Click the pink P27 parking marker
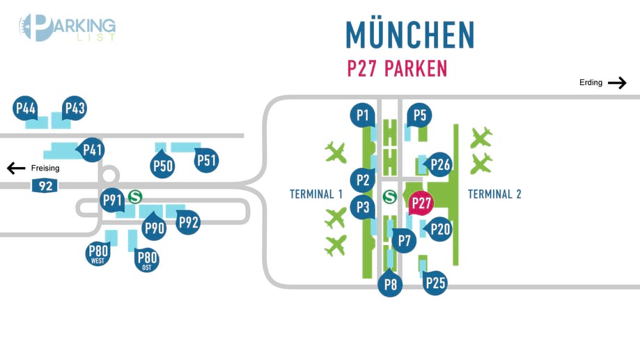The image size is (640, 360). pyautogui.click(x=421, y=203)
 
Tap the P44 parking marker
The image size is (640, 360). pyautogui.click(x=26, y=109)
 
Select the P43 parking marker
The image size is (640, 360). pyautogui.click(x=74, y=109)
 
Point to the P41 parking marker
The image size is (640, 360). pyautogui.click(x=93, y=149)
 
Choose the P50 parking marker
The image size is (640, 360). pyautogui.click(x=162, y=165)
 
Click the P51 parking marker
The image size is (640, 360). pyautogui.click(x=207, y=161)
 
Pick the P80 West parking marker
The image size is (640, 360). pyautogui.click(x=98, y=253)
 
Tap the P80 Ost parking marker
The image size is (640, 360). pyautogui.click(x=147, y=260)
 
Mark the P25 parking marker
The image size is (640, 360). pyautogui.click(x=435, y=283)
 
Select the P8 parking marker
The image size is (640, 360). pyautogui.click(x=390, y=284)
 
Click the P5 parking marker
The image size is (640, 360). pyautogui.click(x=419, y=115)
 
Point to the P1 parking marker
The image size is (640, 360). pyautogui.click(x=361, y=115)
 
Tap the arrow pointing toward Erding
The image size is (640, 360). pyautogui.click(x=617, y=83)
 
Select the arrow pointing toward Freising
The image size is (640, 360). pyautogui.click(x=16, y=168)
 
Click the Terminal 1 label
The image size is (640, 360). pyautogui.click(x=316, y=194)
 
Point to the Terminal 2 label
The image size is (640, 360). pyautogui.click(x=494, y=194)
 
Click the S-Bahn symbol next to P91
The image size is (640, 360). pyautogui.click(x=135, y=197)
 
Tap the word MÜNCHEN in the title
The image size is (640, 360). pyautogui.click(x=410, y=35)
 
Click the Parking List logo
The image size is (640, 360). pyautogui.click(x=67, y=28)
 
